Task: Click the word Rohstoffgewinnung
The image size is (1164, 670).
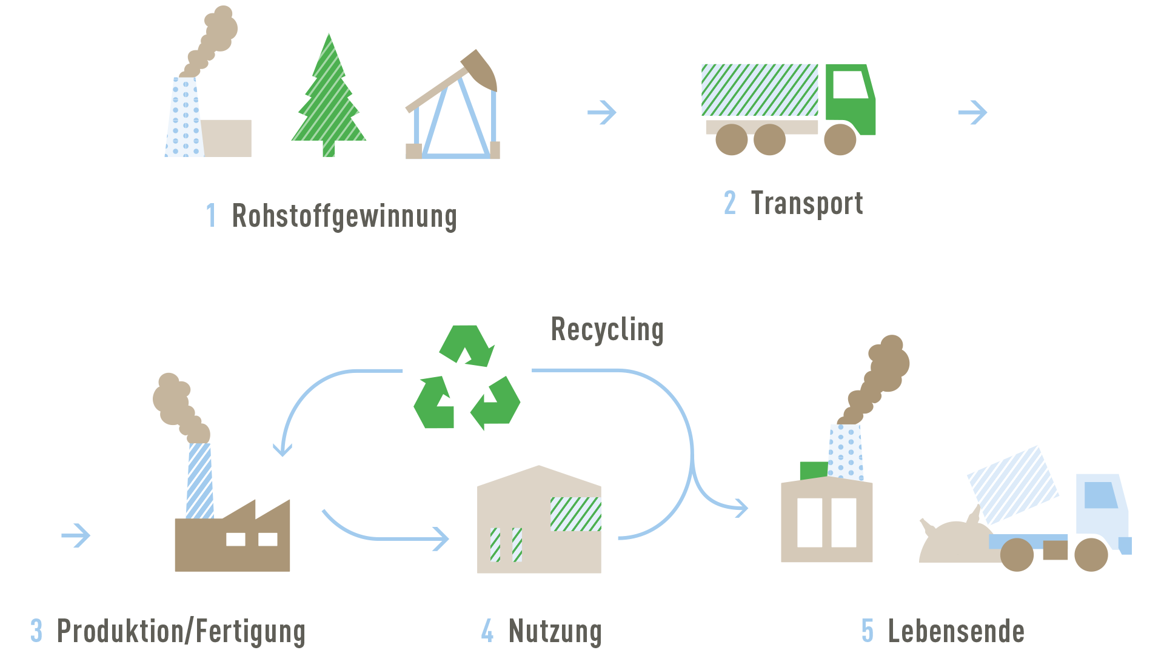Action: [x=344, y=217]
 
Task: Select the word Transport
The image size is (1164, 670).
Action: [x=807, y=204]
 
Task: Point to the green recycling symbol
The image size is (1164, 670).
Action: [x=466, y=378]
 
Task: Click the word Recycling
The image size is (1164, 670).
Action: [x=607, y=330]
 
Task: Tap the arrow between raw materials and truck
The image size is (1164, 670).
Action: [x=602, y=112]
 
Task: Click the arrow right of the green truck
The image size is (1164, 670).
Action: [x=972, y=112]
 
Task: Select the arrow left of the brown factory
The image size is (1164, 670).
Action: [x=76, y=535]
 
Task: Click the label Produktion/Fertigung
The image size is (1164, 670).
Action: [x=181, y=632]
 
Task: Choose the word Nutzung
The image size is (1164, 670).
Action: [x=555, y=632]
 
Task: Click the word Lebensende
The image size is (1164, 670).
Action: [x=956, y=632]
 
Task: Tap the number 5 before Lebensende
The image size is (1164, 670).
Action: [x=868, y=631]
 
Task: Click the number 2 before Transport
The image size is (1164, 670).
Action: [x=730, y=203]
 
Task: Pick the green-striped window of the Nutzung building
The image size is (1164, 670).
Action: [x=575, y=514]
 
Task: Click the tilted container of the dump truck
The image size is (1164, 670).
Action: [x=1012, y=484]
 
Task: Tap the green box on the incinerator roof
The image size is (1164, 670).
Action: [x=814, y=471]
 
